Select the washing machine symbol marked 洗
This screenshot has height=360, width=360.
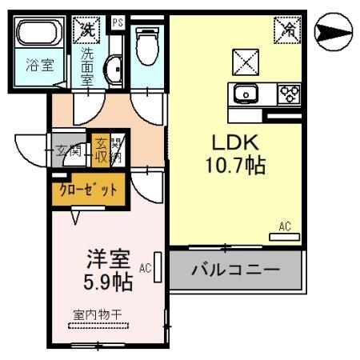tap(86, 31)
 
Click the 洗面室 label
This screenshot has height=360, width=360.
tap(87, 67)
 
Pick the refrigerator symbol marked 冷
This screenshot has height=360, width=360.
tap(286, 31)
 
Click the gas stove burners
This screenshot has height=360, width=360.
tap(288, 94)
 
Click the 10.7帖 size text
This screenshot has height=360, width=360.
tap(234, 166)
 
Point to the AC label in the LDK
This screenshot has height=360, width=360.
tap(285, 226)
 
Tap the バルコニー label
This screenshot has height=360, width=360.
tap(235, 269)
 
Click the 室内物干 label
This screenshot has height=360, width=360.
tap(97, 314)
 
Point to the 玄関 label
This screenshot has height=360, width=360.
tap(68, 150)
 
